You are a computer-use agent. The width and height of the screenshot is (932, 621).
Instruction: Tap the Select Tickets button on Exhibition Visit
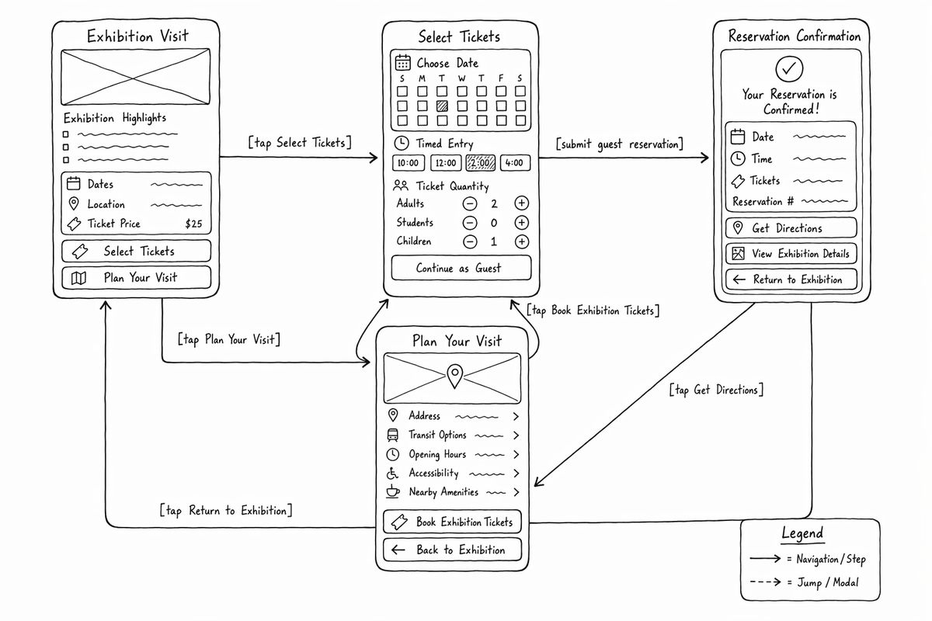pos(136,251)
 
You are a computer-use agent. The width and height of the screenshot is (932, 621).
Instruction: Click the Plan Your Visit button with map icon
pos(136,277)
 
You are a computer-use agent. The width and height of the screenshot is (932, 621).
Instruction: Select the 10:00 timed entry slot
pos(409,163)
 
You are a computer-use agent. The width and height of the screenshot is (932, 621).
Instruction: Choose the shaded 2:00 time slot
pos(481,163)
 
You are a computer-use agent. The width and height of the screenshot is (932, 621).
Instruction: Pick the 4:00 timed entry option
pos(515,163)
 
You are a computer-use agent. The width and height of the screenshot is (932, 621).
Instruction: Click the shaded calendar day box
pos(442,106)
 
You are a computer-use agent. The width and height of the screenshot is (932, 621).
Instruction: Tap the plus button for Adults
pos(521,203)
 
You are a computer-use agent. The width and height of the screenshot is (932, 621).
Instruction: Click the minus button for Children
pos(470,241)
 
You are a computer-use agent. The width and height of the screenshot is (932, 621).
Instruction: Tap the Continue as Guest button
pos(461,268)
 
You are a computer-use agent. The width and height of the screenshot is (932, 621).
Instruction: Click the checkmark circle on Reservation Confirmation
pos(789,68)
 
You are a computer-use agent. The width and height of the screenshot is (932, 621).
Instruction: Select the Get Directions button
pos(791,228)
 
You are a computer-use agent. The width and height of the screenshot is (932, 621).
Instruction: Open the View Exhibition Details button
pos(791,253)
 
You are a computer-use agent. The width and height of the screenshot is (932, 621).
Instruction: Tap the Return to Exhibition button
pos(791,279)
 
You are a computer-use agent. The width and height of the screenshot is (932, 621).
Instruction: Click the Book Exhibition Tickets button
pos(452,522)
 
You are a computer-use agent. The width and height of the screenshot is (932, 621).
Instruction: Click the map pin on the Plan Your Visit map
pos(455,376)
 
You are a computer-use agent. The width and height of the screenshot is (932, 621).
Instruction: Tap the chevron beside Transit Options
pos(516,435)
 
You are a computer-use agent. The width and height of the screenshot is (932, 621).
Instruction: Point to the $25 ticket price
pos(193,224)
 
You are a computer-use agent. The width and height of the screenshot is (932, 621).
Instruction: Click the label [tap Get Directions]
pos(716,390)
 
